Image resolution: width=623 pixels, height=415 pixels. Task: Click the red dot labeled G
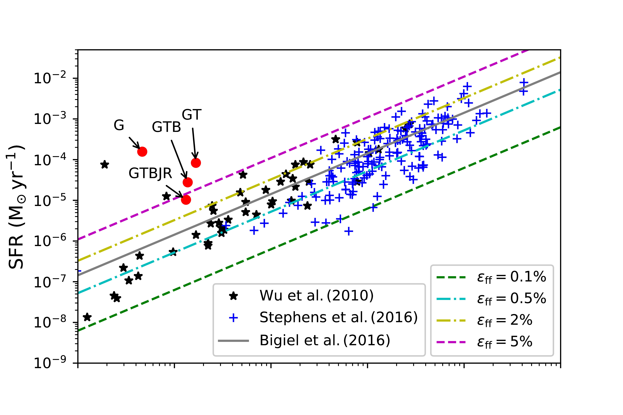(142, 152)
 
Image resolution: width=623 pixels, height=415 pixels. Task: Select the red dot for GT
(196, 163)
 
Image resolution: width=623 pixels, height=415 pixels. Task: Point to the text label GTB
(166, 127)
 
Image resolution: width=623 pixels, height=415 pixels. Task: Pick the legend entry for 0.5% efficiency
(511, 299)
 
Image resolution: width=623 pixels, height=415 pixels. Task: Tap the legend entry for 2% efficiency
(504, 320)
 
